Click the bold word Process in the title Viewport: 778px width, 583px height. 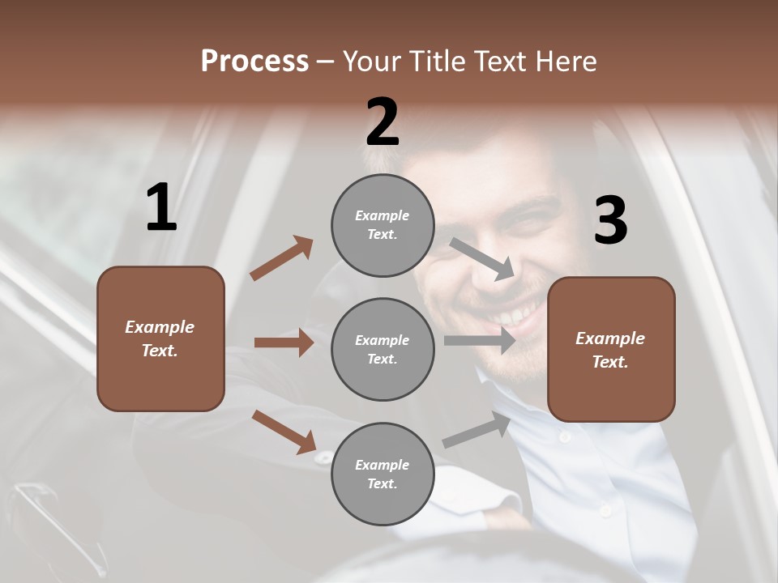click(x=254, y=62)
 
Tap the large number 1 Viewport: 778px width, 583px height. click(x=161, y=208)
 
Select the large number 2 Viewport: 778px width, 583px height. click(x=383, y=122)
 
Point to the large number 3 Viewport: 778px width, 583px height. click(x=610, y=221)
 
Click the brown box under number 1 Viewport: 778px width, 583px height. click(x=160, y=338)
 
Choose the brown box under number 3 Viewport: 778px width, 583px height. click(x=611, y=350)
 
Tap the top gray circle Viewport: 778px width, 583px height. click(x=383, y=225)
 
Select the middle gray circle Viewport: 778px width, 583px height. click(x=383, y=349)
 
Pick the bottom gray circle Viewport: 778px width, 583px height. click(x=383, y=474)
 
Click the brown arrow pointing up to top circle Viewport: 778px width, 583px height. click(x=281, y=258)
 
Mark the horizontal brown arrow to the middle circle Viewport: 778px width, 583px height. click(x=284, y=343)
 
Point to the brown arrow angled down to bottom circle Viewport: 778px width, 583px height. click(x=284, y=432)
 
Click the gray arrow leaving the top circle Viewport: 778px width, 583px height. click(x=482, y=258)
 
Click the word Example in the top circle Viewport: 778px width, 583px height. click(x=383, y=215)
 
